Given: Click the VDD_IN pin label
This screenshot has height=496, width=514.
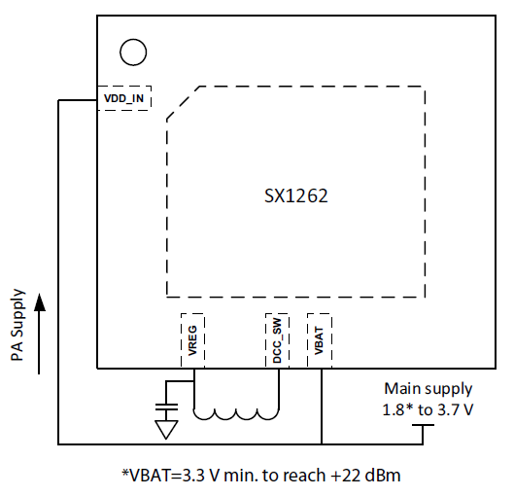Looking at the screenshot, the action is (123, 98).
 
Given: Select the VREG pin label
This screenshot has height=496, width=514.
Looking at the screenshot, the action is (192, 340).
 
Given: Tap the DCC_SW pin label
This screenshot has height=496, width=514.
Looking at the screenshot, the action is (277, 340).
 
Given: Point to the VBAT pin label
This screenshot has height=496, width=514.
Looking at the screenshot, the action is (319, 340).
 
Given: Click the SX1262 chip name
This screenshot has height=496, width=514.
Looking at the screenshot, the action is (295, 195).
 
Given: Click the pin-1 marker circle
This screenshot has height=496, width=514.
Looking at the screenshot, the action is (133, 53).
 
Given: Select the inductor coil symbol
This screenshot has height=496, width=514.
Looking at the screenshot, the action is (236, 414).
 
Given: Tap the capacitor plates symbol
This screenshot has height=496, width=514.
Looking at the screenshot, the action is (166, 407).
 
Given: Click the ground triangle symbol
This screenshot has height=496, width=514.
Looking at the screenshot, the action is (166, 430).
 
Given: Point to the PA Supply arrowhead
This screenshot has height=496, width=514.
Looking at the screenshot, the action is (40, 301).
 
